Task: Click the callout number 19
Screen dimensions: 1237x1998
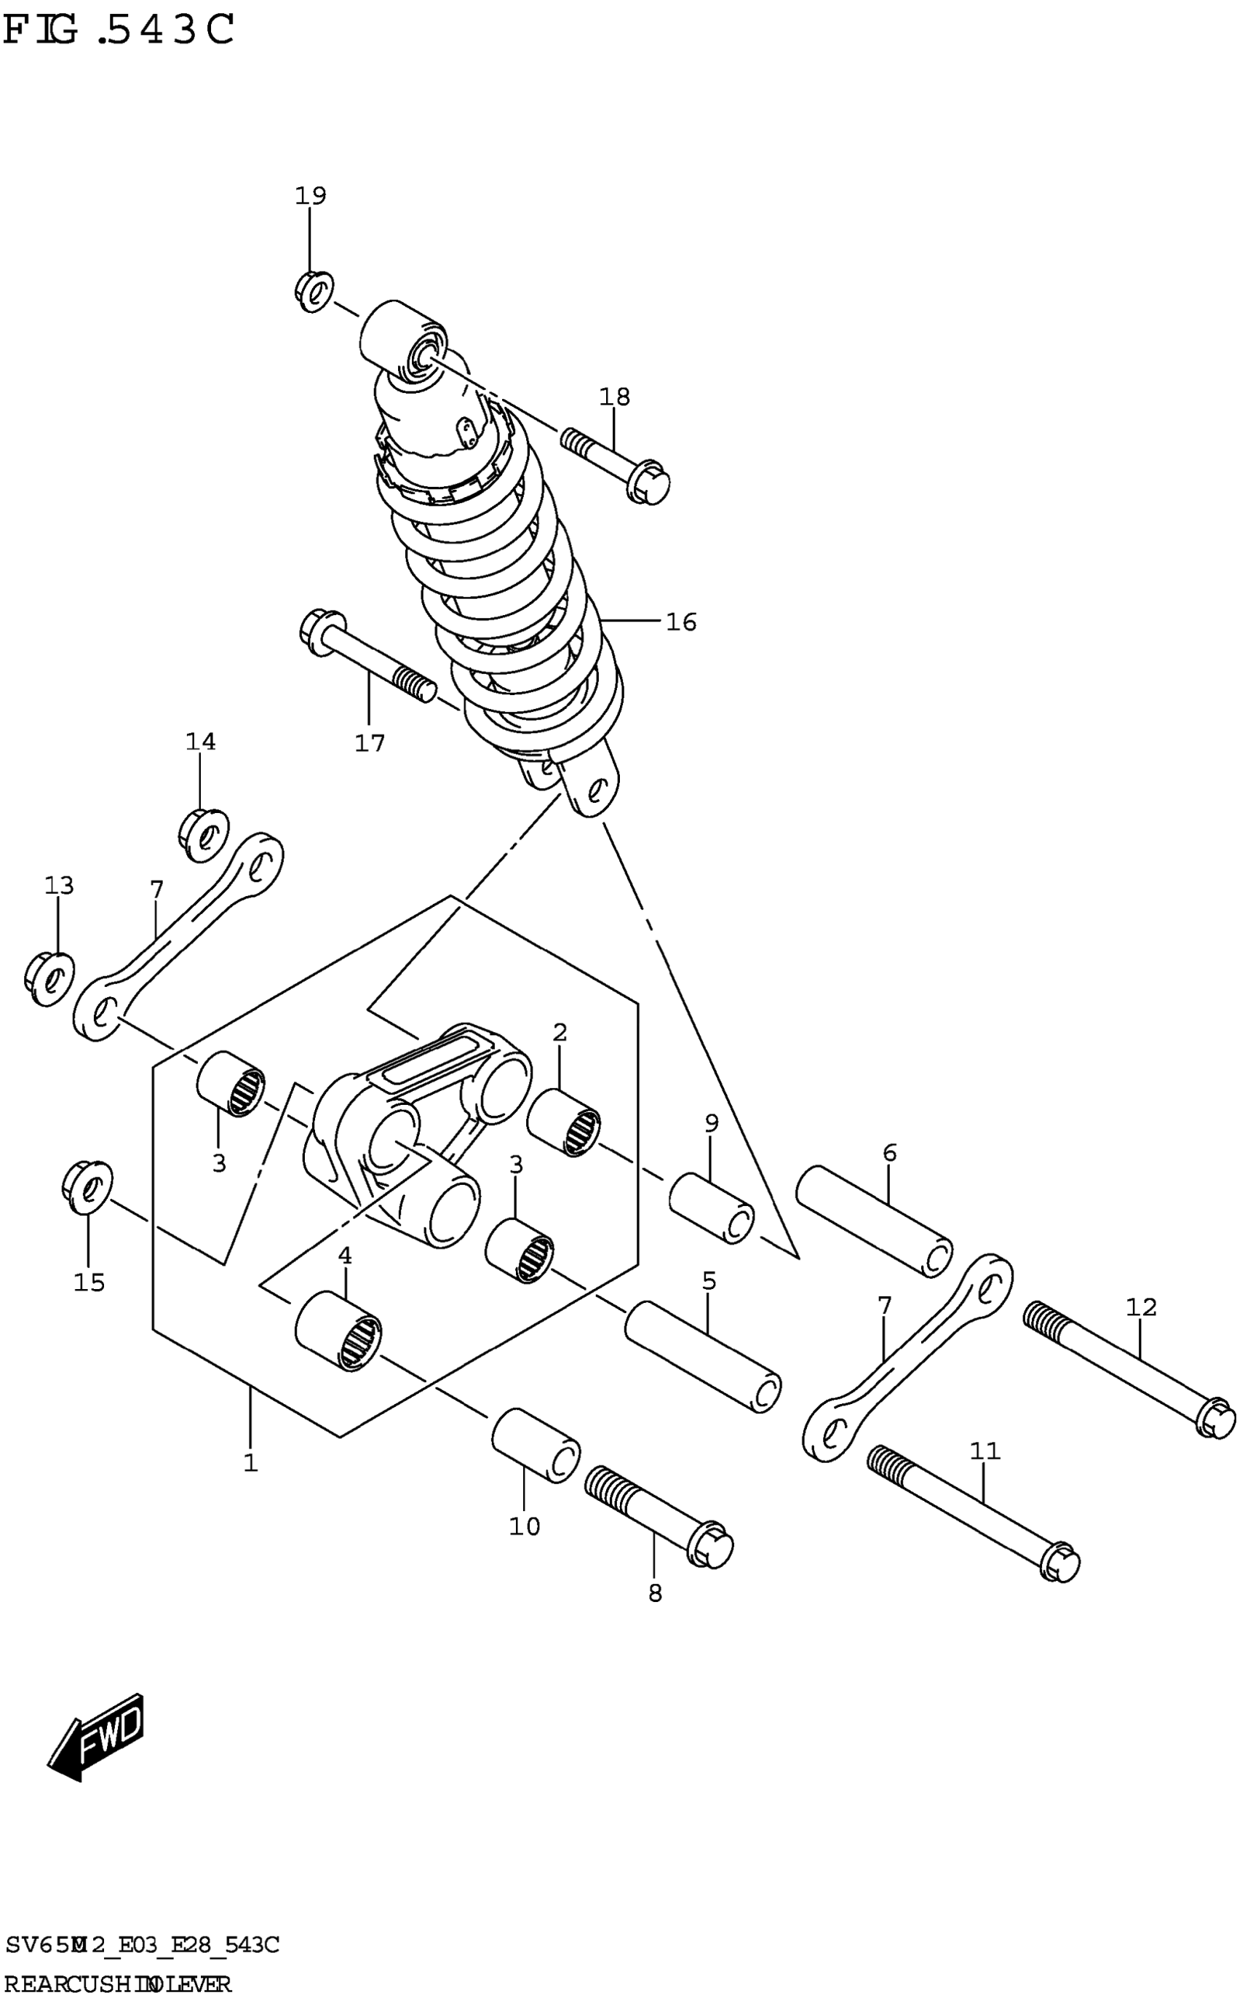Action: pyautogui.click(x=310, y=196)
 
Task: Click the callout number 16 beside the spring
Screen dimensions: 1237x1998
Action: pyautogui.click(x=680, y=622)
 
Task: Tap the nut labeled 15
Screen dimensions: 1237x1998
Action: pyautogui.click(x=87, y=1186)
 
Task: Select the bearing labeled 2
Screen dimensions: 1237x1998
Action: pyautogui.click(x=564, y=1122)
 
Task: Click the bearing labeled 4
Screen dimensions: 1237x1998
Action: pyautogui.click(x=338, y=1331)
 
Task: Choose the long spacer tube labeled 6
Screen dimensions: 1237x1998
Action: pyautogui.click(x=874, y=1221)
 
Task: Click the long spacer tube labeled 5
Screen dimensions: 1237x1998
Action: pyautogui.click(x=703, y=1357)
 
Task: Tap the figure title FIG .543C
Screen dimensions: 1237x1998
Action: pyautogui.click(x=119, y=31)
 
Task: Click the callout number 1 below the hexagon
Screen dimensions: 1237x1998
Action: pyautogui.click(x=250, y=1463)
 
